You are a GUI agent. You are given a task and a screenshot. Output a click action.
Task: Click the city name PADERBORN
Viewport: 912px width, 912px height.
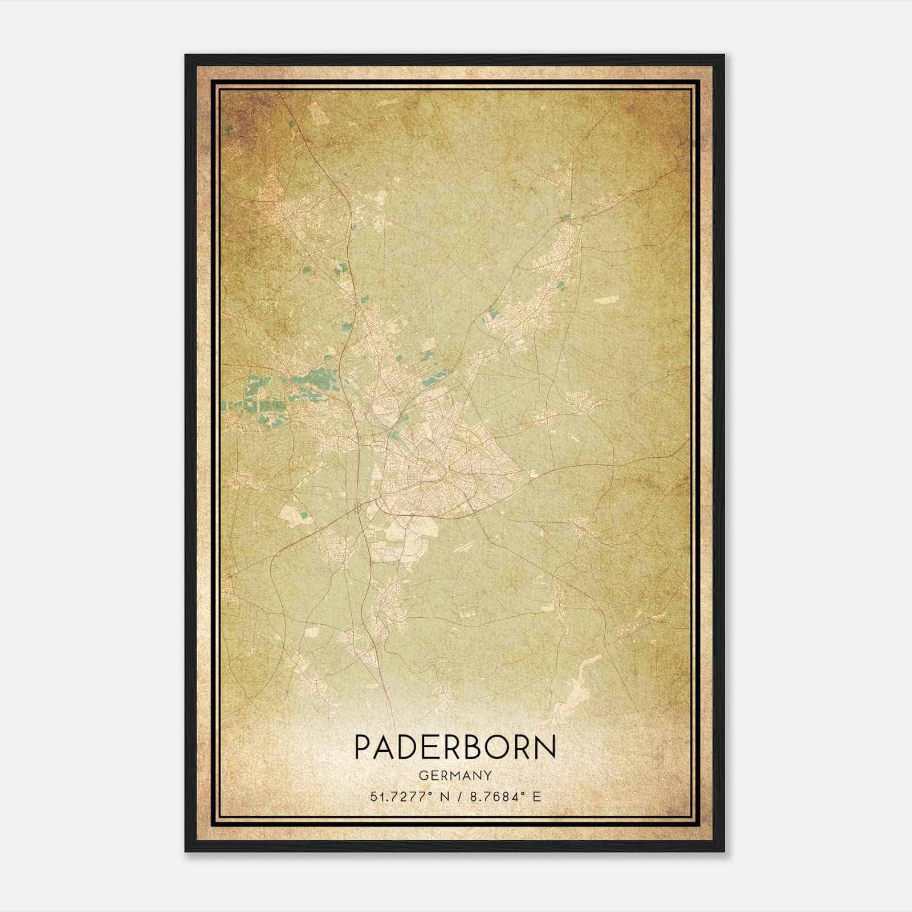coord(455,747)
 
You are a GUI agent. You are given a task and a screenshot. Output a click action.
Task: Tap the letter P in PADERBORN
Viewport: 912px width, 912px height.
coord(364,747)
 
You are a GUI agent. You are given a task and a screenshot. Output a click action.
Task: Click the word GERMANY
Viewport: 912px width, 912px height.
coord(455,775)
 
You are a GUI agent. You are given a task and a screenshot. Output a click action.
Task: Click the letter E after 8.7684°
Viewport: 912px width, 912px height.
coord(536,796)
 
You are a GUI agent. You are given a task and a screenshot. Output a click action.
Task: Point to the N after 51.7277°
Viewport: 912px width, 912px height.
coord(445,796)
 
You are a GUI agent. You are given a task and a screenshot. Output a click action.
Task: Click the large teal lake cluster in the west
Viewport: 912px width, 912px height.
coord(268,393)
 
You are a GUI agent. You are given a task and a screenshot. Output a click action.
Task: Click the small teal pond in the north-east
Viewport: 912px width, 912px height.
coord(565,216)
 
